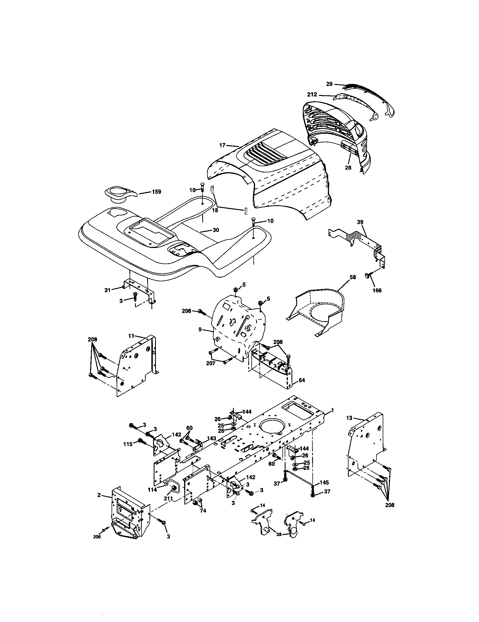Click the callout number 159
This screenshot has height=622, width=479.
tap(156, 192)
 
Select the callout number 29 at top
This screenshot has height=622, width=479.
tap(329, 84)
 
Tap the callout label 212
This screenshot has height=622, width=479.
tap(312, 95)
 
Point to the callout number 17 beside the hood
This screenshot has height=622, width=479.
tap(222, 145)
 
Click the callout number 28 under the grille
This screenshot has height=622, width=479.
tap(348, 168)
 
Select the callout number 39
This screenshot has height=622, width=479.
tap(360, 222)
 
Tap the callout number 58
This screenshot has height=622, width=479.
tap(352, 277)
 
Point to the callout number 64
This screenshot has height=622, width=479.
tap(302, 380)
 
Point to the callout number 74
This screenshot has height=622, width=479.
tap(203, 511)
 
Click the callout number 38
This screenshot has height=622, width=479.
tap(279, 535)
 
